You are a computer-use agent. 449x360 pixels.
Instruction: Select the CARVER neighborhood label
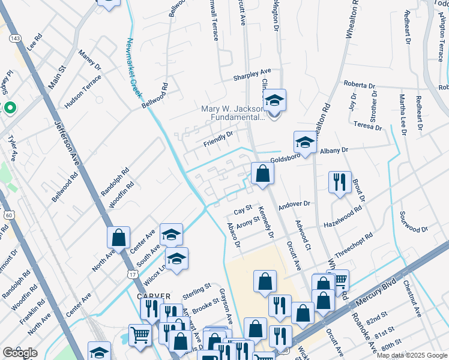154,296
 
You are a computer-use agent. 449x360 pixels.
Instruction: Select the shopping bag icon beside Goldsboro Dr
262,174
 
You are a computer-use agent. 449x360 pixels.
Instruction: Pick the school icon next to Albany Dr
305,143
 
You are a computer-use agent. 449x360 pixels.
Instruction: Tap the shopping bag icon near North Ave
119,238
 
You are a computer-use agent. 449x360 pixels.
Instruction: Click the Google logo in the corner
20,353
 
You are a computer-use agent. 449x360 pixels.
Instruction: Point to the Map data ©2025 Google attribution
411,355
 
